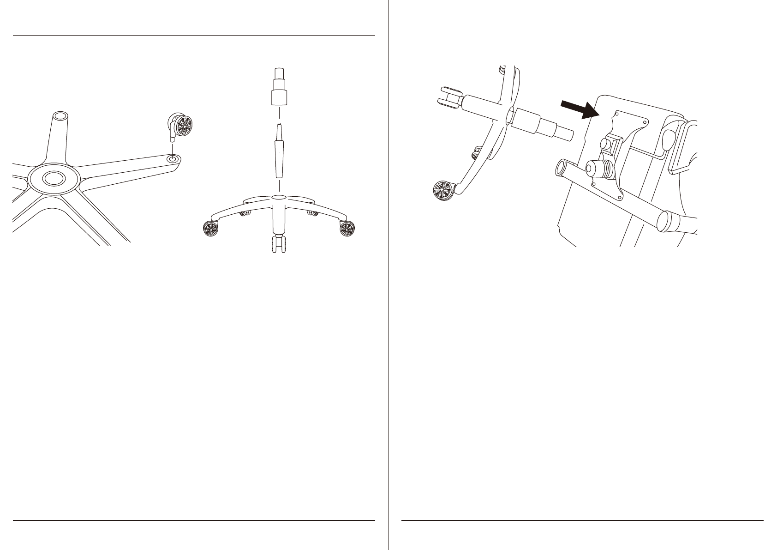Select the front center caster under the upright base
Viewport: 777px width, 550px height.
[x=279, y=244]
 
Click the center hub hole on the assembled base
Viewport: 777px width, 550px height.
[x=279, y=197]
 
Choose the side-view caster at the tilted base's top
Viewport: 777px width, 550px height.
[x=450, y=97]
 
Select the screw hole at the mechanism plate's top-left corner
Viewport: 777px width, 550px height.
[x=617, y=112]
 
